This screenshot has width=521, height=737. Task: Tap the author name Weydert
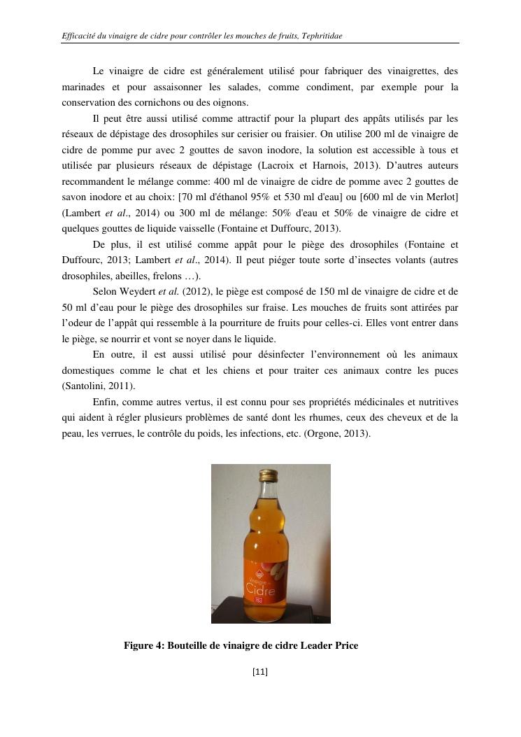coord(143,291)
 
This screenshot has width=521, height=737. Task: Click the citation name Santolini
coord(88,386)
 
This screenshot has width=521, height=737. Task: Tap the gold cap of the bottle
coord(270,475)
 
